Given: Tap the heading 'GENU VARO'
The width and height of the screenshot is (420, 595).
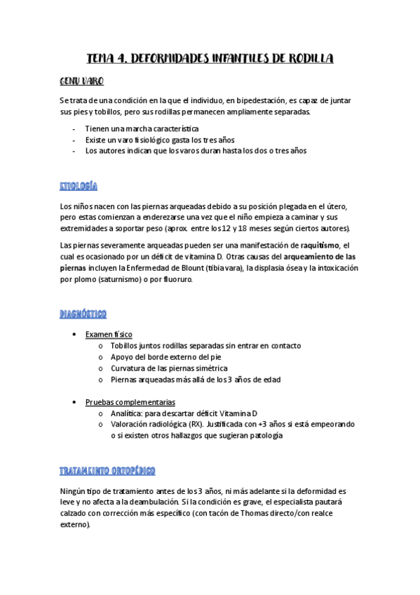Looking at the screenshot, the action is coord(82,81).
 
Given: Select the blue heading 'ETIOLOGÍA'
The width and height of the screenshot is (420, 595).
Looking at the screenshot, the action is coord(79,186).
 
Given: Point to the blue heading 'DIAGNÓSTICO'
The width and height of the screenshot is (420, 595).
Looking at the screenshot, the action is coord(83,313).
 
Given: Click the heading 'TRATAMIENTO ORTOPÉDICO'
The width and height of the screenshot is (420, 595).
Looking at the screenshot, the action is coord(107,469).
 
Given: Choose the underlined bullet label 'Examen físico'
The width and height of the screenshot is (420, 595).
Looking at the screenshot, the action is coord(108,334).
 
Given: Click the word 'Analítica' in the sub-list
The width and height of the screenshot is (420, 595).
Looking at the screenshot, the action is coord(127,413).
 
